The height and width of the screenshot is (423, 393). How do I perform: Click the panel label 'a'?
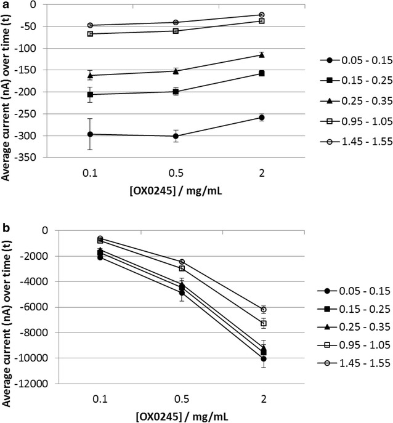pos(5,6)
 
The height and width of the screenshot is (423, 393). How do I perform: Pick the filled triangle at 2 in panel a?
pos(262,55)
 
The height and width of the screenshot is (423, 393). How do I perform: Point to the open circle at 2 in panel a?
pos(262,15)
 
